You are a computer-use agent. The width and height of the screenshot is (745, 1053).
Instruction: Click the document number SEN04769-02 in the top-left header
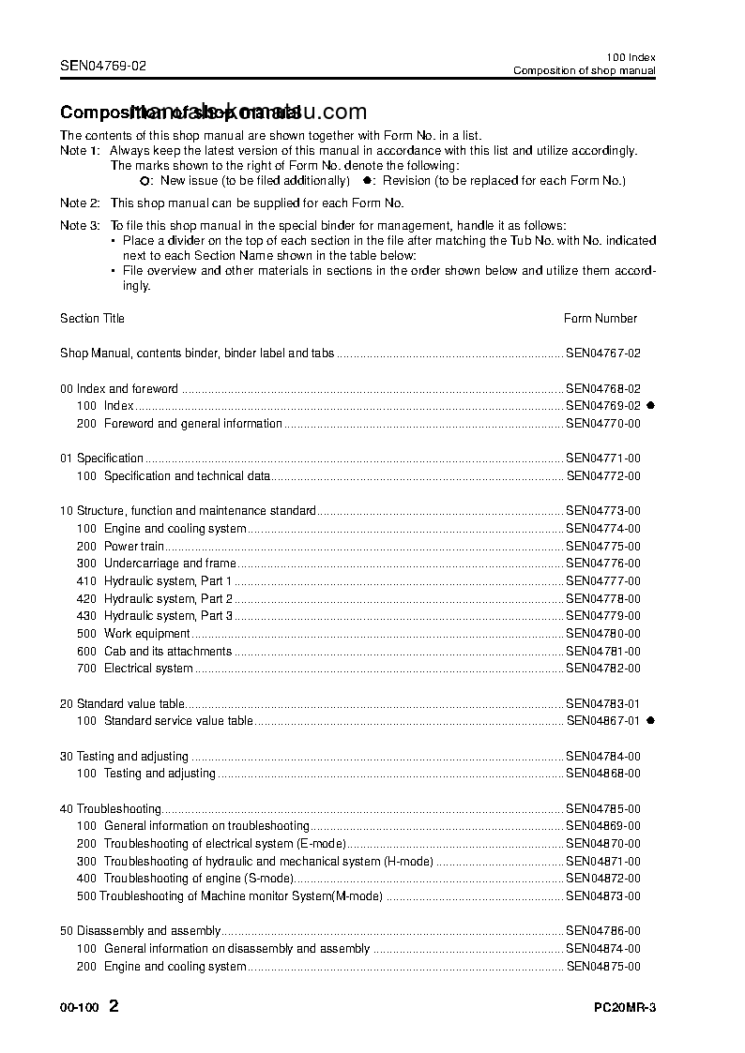[103, 66]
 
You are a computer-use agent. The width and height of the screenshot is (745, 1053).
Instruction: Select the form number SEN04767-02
[602, 354]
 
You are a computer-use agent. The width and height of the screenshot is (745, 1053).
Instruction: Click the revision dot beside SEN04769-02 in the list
[650, 405]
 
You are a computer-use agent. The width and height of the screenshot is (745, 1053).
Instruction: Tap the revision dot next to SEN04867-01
[650, 720]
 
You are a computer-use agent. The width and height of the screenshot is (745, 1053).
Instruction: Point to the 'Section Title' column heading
[92, 318]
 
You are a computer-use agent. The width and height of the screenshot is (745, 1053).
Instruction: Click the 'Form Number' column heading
[600, 318]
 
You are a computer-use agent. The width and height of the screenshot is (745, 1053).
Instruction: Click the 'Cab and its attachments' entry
[167, 651]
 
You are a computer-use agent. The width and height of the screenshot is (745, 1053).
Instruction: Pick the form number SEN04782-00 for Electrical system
[602, 669]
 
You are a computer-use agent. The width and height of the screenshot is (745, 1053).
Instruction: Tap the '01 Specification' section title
[101, 459]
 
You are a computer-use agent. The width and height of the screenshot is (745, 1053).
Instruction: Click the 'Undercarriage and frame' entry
[170, 564]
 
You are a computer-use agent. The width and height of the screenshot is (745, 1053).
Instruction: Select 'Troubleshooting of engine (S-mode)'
[198, 879]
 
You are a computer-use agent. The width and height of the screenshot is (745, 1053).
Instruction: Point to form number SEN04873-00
[602, 895]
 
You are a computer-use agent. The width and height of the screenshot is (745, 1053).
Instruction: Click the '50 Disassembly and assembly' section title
[140, 931]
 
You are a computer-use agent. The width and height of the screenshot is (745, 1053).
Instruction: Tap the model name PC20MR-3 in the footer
[624, 1009]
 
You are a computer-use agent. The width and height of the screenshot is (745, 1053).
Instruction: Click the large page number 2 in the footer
[114, 1007]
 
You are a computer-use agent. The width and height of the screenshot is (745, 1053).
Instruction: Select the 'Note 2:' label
[79, 203]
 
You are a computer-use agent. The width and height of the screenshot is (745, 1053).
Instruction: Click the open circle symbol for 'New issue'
[144, 180]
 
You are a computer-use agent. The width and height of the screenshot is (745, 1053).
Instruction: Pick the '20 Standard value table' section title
[122, 703]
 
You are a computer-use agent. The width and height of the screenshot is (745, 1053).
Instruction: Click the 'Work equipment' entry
[146, 634]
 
